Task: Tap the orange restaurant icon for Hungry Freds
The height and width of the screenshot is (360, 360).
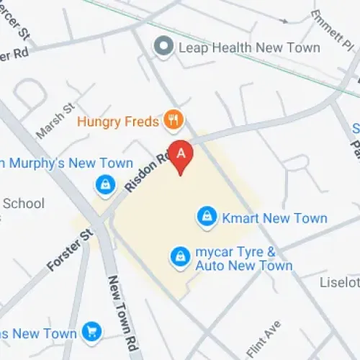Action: [x=172, y=120]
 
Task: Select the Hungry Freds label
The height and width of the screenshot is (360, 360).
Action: [x=117, y=121]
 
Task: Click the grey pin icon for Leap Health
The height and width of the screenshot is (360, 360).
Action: [x=165, y=48]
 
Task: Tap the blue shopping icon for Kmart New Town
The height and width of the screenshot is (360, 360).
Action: [x=207, y=217]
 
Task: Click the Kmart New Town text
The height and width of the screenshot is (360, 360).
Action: [x=274, y=217]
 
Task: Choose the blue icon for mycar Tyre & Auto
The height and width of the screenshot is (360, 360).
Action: [x=179, y=255]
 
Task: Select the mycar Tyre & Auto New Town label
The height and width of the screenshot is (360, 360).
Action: [x=244, y=259]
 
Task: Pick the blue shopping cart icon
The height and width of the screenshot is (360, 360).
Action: [x=91, y=331]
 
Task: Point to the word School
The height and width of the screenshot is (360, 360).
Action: [x=24, y=204]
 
